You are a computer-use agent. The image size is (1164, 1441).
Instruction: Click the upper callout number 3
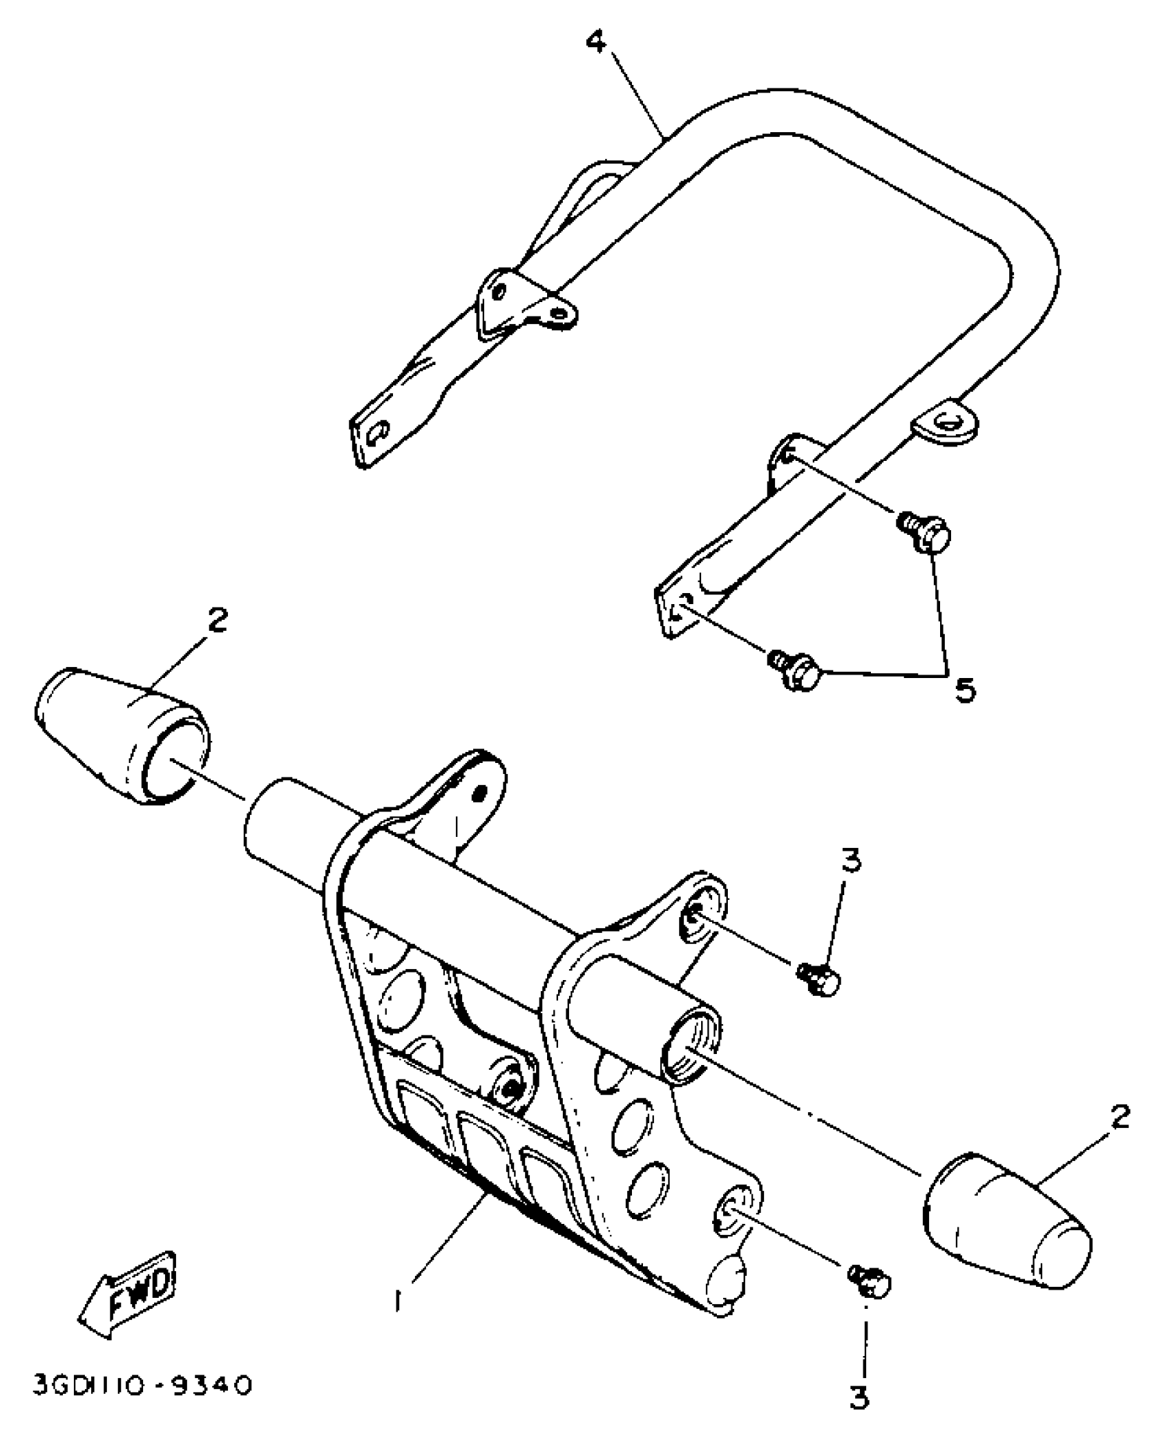pyautogui.click(x=850, y=862)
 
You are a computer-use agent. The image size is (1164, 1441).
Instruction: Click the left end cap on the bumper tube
pyautogui.click(x=121, y=734)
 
